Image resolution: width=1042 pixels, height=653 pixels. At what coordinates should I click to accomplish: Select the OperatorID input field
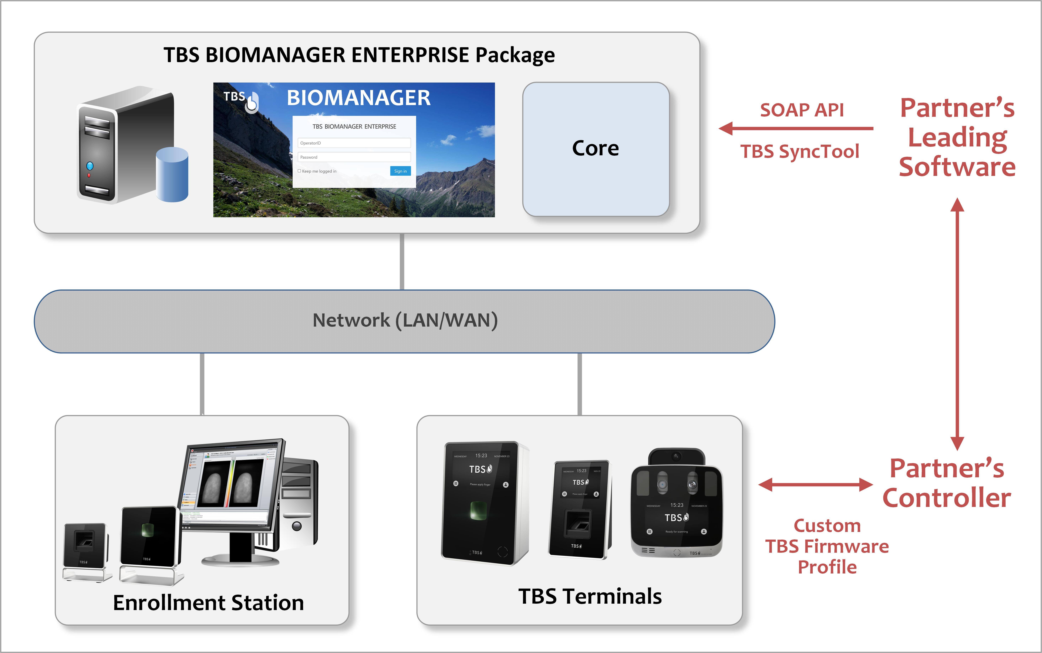pyautogui.click(x=354, y=143)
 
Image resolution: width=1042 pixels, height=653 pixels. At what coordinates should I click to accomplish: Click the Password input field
pyautogui.click(x=354, y=157)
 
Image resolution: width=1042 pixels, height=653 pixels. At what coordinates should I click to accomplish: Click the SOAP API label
pyautogui.click(x=802, y=110)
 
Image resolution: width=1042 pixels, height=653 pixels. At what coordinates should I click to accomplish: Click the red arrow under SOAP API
pyautogui.click(x=795, y=128)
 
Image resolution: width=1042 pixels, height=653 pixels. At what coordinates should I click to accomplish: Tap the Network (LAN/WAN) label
pyautogui.click(x=405, y=320)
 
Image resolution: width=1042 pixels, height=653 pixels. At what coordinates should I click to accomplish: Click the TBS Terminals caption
pyautogui.click(x=590, y=596)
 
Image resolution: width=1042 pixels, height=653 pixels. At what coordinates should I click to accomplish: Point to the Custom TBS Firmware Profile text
pyautogui.click(x=827, y=546)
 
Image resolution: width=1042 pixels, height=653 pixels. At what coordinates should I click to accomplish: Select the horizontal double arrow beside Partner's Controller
pyautogui.click(x=815, y=485)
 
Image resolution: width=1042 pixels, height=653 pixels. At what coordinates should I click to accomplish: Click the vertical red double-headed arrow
pyautogui.click(x=957, y=324)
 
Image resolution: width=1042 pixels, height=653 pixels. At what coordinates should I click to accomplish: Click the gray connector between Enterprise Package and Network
pyautogui.click(x=402, y=261)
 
